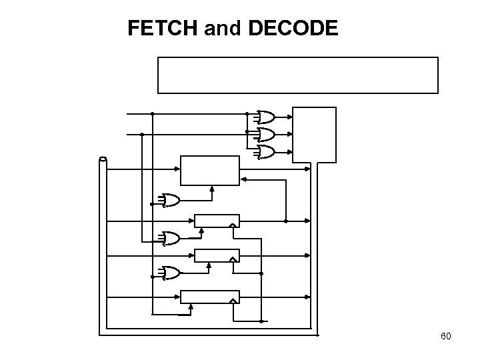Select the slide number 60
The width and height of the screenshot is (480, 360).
click(445, 336)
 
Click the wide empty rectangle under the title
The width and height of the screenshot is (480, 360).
click(297, 75)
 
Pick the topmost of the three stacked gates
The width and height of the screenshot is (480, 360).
click(265, 117)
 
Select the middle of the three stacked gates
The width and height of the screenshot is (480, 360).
click(265, 135)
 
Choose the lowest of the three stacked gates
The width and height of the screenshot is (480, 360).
click(265, 152)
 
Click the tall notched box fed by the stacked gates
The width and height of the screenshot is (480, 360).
click(314, 135)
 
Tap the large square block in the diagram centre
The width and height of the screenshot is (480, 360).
click(209, 170)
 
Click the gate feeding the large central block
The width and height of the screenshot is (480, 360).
click(170, 200)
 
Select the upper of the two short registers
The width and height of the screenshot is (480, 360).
click(216, 221)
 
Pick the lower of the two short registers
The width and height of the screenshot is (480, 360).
click(216, 255)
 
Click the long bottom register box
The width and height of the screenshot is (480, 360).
click(210, 297)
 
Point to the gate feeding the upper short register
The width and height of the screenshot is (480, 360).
click(170, 238)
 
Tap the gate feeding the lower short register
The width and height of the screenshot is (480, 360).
click(170, 273)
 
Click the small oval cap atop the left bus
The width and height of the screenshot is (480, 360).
click(103, 159)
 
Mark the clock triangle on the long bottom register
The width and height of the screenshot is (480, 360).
click(233, 301)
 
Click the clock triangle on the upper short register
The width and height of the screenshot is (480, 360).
click(233, 225)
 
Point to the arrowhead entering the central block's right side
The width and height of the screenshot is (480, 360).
click(243, 178)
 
